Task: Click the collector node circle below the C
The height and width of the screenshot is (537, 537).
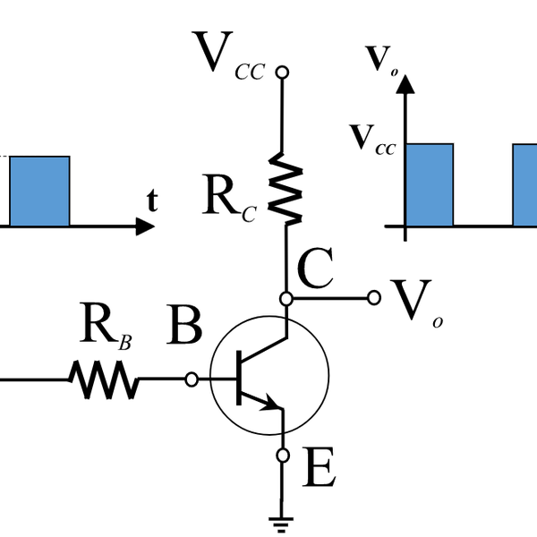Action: pyautogui.click(x=285, y=297)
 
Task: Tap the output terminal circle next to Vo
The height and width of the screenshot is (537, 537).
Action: pyautogui.click(x=373, y=297)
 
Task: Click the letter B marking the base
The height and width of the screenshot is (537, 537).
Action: pyautogui.click(x=184, y=328)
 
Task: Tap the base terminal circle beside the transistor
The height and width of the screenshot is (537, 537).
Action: pyautogui.click(x=191, y=379)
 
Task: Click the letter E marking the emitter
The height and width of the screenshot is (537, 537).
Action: pyautogui.click(x=320, y=468)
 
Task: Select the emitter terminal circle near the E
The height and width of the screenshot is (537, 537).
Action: pyautogui.click(x=284, y=456)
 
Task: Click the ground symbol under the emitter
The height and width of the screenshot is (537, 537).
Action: pyautogui.click(x=284, y=520)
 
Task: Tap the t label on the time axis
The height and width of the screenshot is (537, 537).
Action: pyautogui.click(x=152, y=201)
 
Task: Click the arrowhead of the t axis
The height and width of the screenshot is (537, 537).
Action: pyautogui.click(x=145, y=226)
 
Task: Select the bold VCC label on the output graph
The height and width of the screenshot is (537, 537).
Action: pyautogui.click(x=373, y=139)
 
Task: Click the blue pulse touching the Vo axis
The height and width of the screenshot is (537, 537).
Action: pyautogui.click(x=430, y=184)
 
